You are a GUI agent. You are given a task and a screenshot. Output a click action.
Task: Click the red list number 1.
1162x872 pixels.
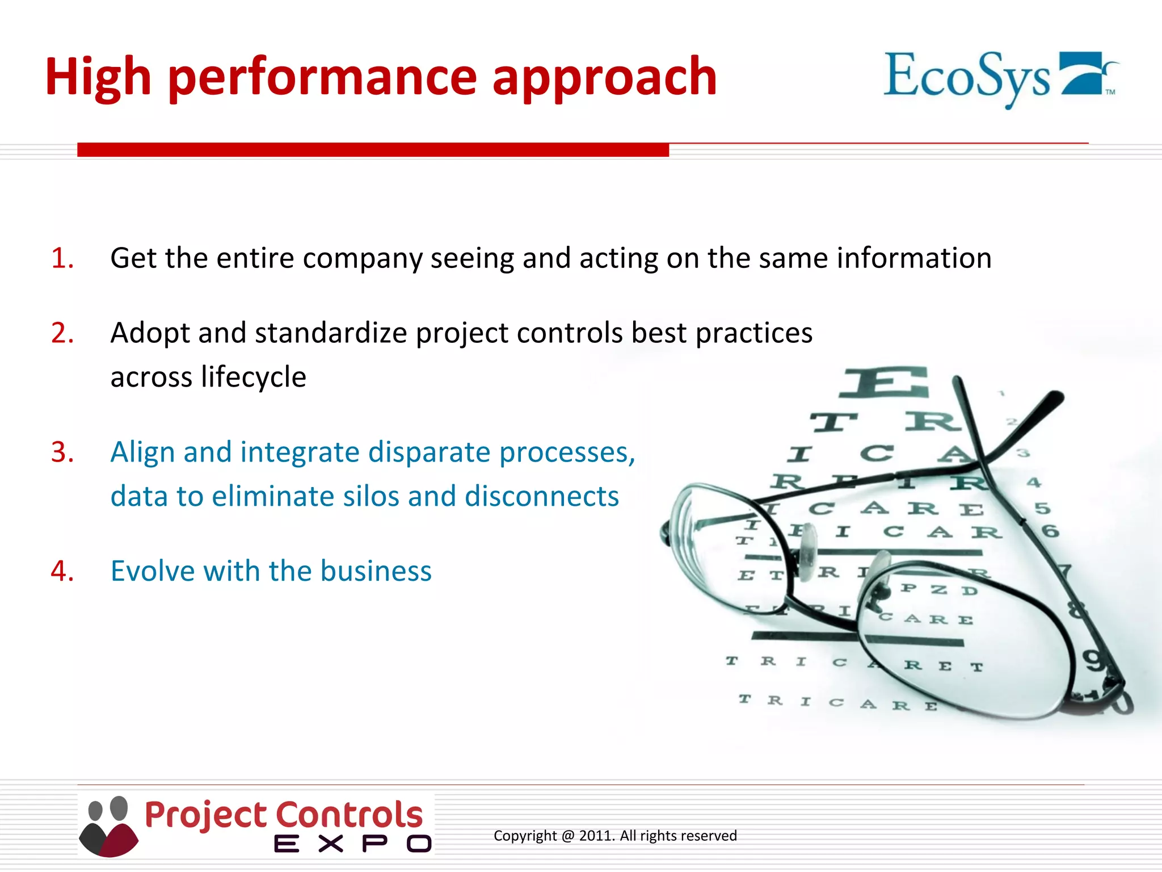tap(61, 258)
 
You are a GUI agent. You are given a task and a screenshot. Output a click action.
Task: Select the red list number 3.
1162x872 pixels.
tap(61, 452)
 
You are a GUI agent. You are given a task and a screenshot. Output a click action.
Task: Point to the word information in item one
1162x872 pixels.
tap(913, 258)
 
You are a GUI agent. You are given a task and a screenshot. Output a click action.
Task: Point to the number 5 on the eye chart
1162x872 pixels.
tap(1042, 508)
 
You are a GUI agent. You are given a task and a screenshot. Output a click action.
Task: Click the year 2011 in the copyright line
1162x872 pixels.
tap(596, 836)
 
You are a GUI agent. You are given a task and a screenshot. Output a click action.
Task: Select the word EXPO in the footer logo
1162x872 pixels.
tap(352, 844)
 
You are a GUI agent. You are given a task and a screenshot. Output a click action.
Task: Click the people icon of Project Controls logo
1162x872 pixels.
tap(108, 826)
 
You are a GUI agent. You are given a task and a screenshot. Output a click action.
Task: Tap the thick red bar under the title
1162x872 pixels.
tap(373, 149)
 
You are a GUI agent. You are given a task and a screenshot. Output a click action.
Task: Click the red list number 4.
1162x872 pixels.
tap(61, 571)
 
